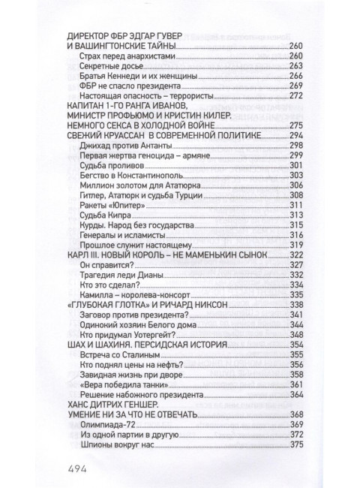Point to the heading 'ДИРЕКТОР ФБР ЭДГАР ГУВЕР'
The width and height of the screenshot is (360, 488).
click(x=126, y=35)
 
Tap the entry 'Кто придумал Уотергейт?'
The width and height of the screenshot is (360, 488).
click(x=118, y=335)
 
